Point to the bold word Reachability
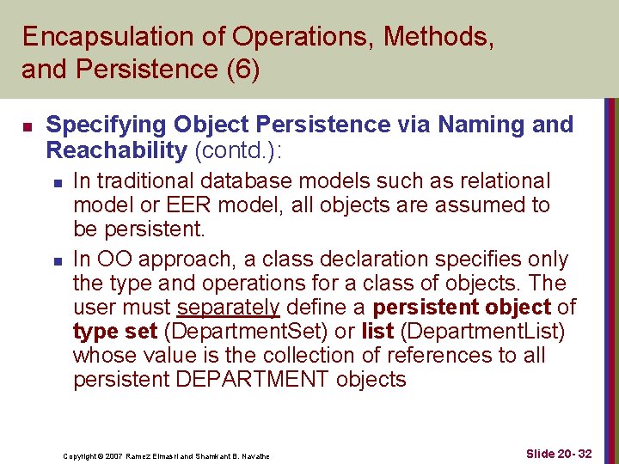[116, 150]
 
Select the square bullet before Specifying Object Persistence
[27, 127]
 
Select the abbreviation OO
[116, 259]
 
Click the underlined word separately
[228, 308]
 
